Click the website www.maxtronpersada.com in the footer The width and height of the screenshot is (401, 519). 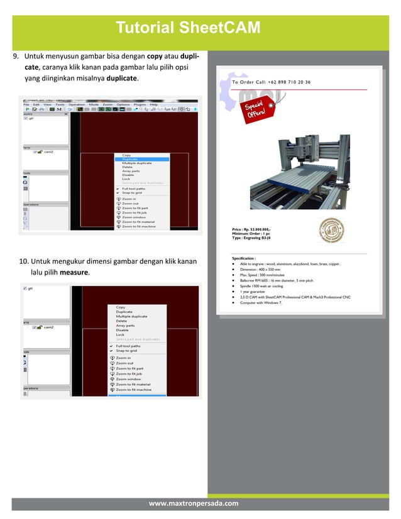click(194, 504)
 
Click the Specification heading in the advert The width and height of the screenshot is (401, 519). click(244, 258)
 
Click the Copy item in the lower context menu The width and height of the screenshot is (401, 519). click(121, 307)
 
